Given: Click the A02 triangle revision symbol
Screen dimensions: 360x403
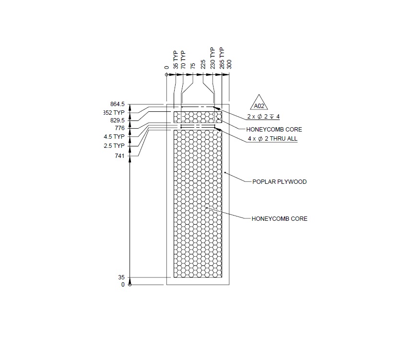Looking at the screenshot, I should [x=260, y=104].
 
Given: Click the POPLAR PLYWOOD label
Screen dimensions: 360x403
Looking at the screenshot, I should [x=279, y=182].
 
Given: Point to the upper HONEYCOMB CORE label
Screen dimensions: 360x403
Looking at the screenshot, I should [x=274, y=130].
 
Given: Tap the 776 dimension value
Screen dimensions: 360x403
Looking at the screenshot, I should [x=119, y=128].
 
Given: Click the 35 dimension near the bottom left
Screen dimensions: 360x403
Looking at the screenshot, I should [x=121, y=277].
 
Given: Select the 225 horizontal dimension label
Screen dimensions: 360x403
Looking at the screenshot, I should [x=203, y=64].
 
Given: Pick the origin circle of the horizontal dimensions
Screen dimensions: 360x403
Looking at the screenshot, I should [x=166, y=75].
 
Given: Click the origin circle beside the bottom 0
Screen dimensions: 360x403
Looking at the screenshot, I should [x=130, y=285].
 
